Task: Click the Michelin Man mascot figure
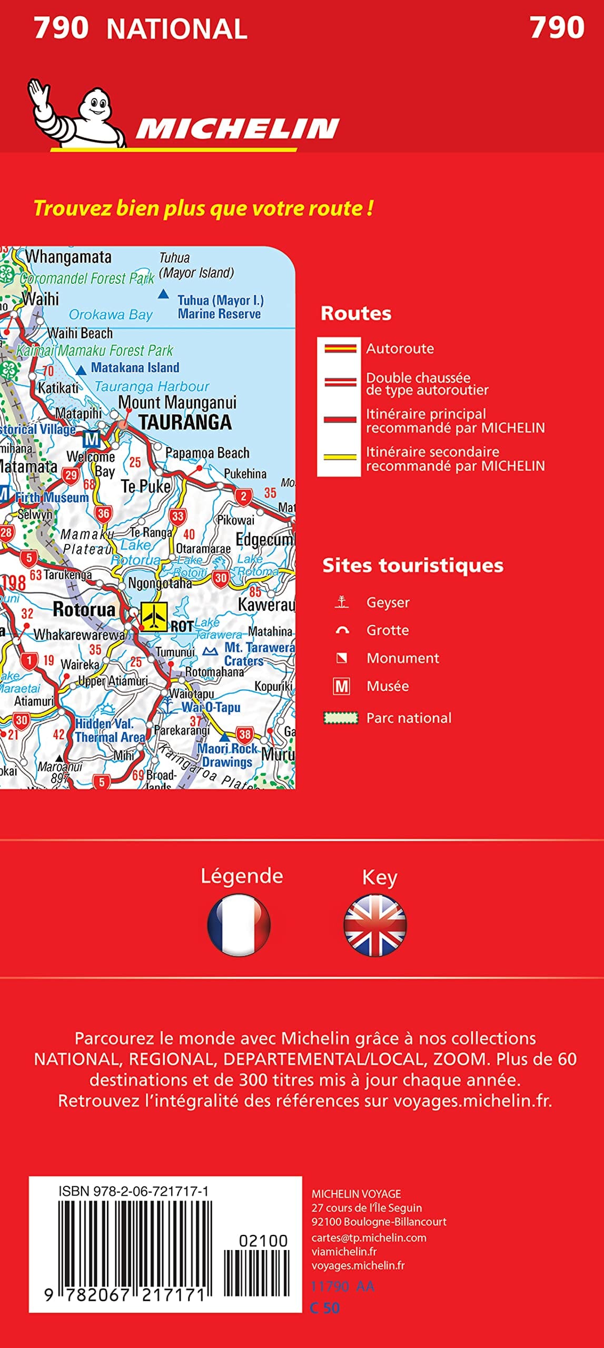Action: (79, 113)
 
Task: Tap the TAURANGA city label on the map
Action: (185, 422)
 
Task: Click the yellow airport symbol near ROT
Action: (154, 616)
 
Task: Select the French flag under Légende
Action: (239, 925)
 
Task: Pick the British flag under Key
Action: (375, 925)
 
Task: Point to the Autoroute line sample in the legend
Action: (340, 349)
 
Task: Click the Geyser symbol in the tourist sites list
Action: (342, 602)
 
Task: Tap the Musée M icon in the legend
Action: (342, 686)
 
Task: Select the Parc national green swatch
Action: (340, 718)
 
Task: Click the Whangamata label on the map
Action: (68, 257)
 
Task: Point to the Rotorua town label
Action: (84, 609)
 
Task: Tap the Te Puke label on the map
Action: (146, 486)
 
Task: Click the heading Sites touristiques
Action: (412, 565)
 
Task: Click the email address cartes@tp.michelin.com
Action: (369, 1237)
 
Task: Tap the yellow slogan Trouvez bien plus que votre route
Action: (203, 209)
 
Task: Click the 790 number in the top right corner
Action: (557, 27)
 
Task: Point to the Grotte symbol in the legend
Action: (342, 630)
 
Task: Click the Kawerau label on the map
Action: (266, 604)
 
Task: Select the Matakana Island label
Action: (135, 368)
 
